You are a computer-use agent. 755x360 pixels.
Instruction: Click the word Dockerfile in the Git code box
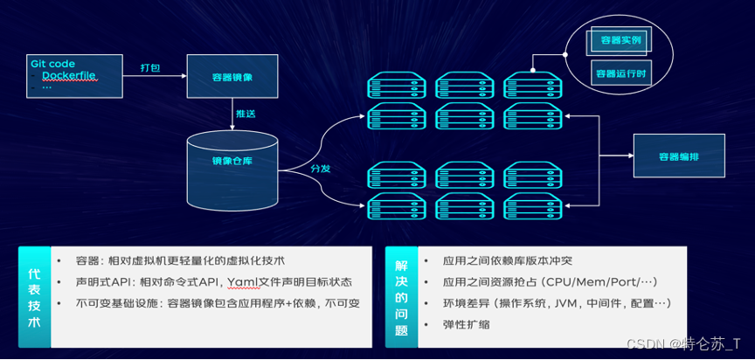[x=69, y=77]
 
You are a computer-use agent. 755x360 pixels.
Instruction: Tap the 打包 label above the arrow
[x=150, y=67]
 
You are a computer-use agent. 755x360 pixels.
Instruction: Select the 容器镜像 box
[x=232, y=78]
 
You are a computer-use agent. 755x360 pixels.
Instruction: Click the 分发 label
[x=320, y=168]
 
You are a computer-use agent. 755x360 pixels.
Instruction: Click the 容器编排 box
[x=679, y=156]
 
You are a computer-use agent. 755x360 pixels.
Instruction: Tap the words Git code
[x=53, y=64]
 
